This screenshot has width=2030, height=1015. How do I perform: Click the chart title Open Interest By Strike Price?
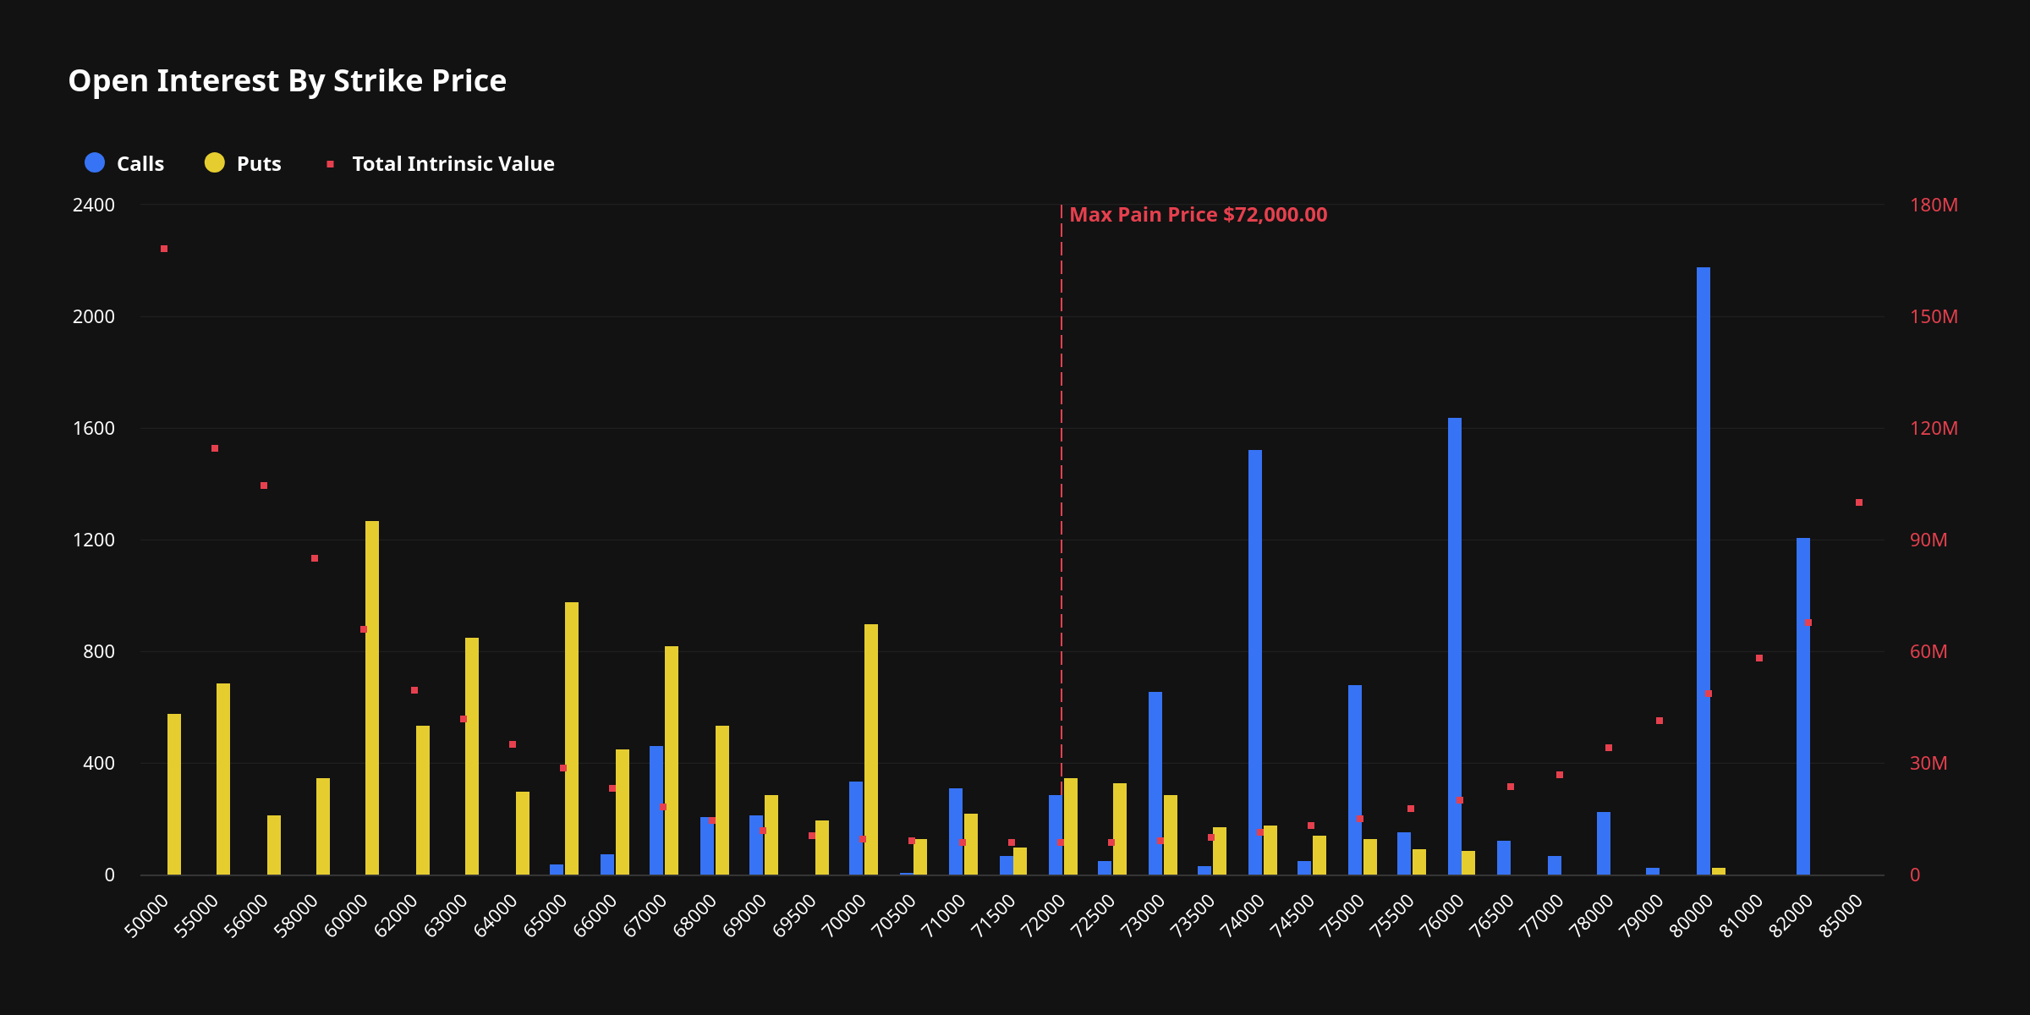click(287, 81)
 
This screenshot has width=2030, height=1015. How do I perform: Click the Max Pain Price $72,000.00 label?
click(1198, 215)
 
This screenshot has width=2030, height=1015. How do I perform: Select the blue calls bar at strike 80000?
click(1703, 571)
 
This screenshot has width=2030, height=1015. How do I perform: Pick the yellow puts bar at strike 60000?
click(372, 698)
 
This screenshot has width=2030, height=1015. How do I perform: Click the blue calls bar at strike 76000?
click(1454, 646)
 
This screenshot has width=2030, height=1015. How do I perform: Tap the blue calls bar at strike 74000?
click(1254, 662)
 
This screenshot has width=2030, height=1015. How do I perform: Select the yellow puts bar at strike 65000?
click(572, 738)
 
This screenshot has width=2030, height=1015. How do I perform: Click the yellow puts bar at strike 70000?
click(871, 749)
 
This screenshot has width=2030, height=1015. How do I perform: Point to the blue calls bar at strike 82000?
click(1802, 706)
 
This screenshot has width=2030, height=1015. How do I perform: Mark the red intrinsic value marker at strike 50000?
click(164, 249)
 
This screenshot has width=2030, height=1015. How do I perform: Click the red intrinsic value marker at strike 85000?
click(1859, 502)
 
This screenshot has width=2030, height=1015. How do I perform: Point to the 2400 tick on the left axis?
click(94, 206)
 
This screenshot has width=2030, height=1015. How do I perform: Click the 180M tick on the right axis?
click(1934, 206)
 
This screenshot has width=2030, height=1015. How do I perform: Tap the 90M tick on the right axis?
click(1928, 540)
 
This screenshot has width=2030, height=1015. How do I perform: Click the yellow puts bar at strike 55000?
click(223, 779)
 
